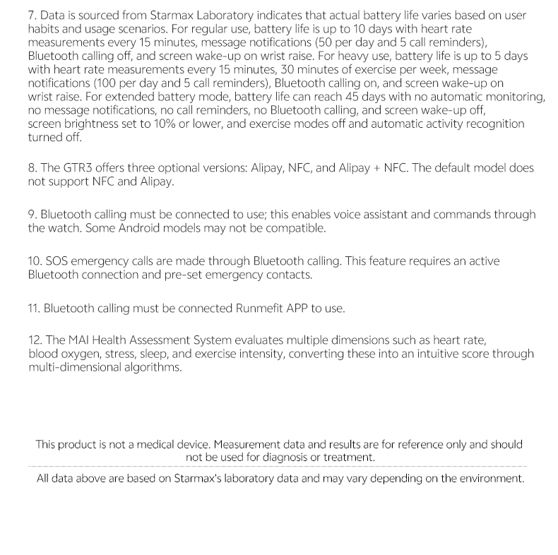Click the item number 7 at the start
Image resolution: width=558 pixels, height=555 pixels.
tap(32, 15)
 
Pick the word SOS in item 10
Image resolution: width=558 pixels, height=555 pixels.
tap(57, 261)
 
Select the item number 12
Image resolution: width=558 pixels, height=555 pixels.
tap(34, 340)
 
